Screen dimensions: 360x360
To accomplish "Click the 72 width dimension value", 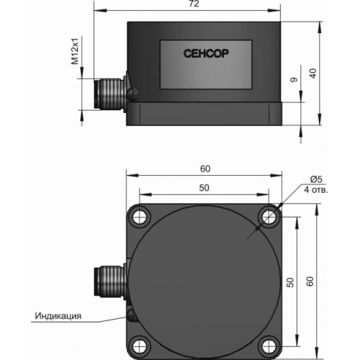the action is (194, 4).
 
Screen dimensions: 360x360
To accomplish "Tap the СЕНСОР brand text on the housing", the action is (206, 53).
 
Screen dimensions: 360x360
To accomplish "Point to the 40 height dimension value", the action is (312, 73).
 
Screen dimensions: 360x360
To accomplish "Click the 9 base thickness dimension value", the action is (294, 80).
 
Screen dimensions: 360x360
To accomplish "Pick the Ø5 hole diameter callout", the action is (316, 179).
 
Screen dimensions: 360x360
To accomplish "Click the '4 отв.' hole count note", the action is (315, 190).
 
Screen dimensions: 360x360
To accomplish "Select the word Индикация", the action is (58, 315).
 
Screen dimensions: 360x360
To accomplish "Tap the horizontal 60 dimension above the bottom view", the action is (205, 169).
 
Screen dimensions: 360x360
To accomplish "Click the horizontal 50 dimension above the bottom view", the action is (204, 188).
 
